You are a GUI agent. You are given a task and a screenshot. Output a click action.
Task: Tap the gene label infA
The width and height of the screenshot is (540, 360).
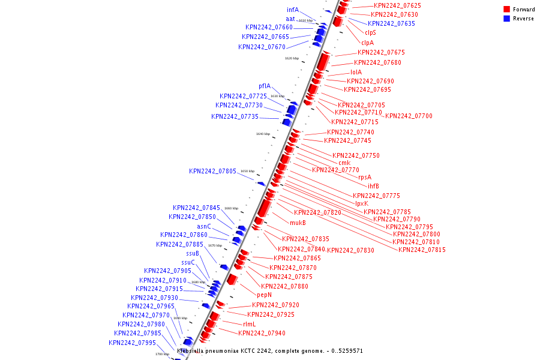[x=292, y=10]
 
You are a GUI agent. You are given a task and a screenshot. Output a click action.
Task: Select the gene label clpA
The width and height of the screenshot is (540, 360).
[x=367, y=43]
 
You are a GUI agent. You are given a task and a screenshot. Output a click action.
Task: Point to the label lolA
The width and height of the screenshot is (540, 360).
[x=356, y=72]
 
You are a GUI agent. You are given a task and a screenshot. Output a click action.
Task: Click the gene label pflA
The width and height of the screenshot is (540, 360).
[x=265, y=86]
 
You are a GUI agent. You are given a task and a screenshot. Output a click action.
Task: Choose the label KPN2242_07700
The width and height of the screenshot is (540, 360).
[x=409, y=116]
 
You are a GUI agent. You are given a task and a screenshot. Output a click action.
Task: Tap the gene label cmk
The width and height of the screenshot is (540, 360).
[x=344, y=163]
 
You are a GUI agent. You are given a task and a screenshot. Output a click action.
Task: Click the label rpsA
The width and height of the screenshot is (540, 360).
[x=365, y=177]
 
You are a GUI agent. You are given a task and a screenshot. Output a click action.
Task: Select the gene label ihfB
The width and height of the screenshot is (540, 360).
[x=373, y=186]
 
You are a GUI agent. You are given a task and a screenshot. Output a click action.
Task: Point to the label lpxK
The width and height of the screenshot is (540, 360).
[x=361, y=203]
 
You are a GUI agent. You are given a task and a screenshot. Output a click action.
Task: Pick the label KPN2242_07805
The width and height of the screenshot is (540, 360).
[x=212, y=171]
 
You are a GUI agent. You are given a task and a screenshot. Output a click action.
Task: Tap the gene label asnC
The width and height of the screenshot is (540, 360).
[x=204, y=226]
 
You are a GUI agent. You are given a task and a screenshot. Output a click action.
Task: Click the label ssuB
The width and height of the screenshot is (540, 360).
[x=193, y=253]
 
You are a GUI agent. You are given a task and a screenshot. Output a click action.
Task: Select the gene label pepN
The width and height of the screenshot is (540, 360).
[x=264, y=295]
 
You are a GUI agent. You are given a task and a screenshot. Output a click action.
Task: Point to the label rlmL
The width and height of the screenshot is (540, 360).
[x=249, y=324]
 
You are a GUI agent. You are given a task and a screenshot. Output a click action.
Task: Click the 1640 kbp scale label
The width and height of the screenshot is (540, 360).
[x=263, y=134]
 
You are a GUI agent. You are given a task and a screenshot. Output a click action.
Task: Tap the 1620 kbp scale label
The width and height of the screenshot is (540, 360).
[x=292, y=58]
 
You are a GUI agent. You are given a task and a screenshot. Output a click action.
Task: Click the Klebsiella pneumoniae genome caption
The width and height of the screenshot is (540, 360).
[x=269, y=350]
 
